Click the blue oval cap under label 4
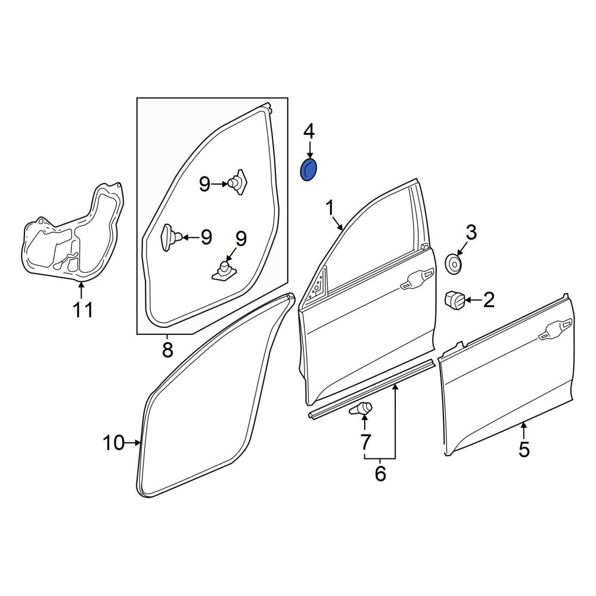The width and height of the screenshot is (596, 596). (x=308, y=169)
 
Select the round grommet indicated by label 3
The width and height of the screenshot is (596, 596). (x=454, y=264)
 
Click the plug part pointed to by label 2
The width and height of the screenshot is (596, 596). (x=455, y=300)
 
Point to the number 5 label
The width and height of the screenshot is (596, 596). (x=524, y=450)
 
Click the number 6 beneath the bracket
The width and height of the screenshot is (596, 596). (x=380, y=474)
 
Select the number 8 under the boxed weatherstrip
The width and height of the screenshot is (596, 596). (x=167, y=350)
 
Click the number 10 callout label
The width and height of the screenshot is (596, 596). (x=113, y=443)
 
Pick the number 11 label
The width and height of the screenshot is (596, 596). (x=82, y=310)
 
